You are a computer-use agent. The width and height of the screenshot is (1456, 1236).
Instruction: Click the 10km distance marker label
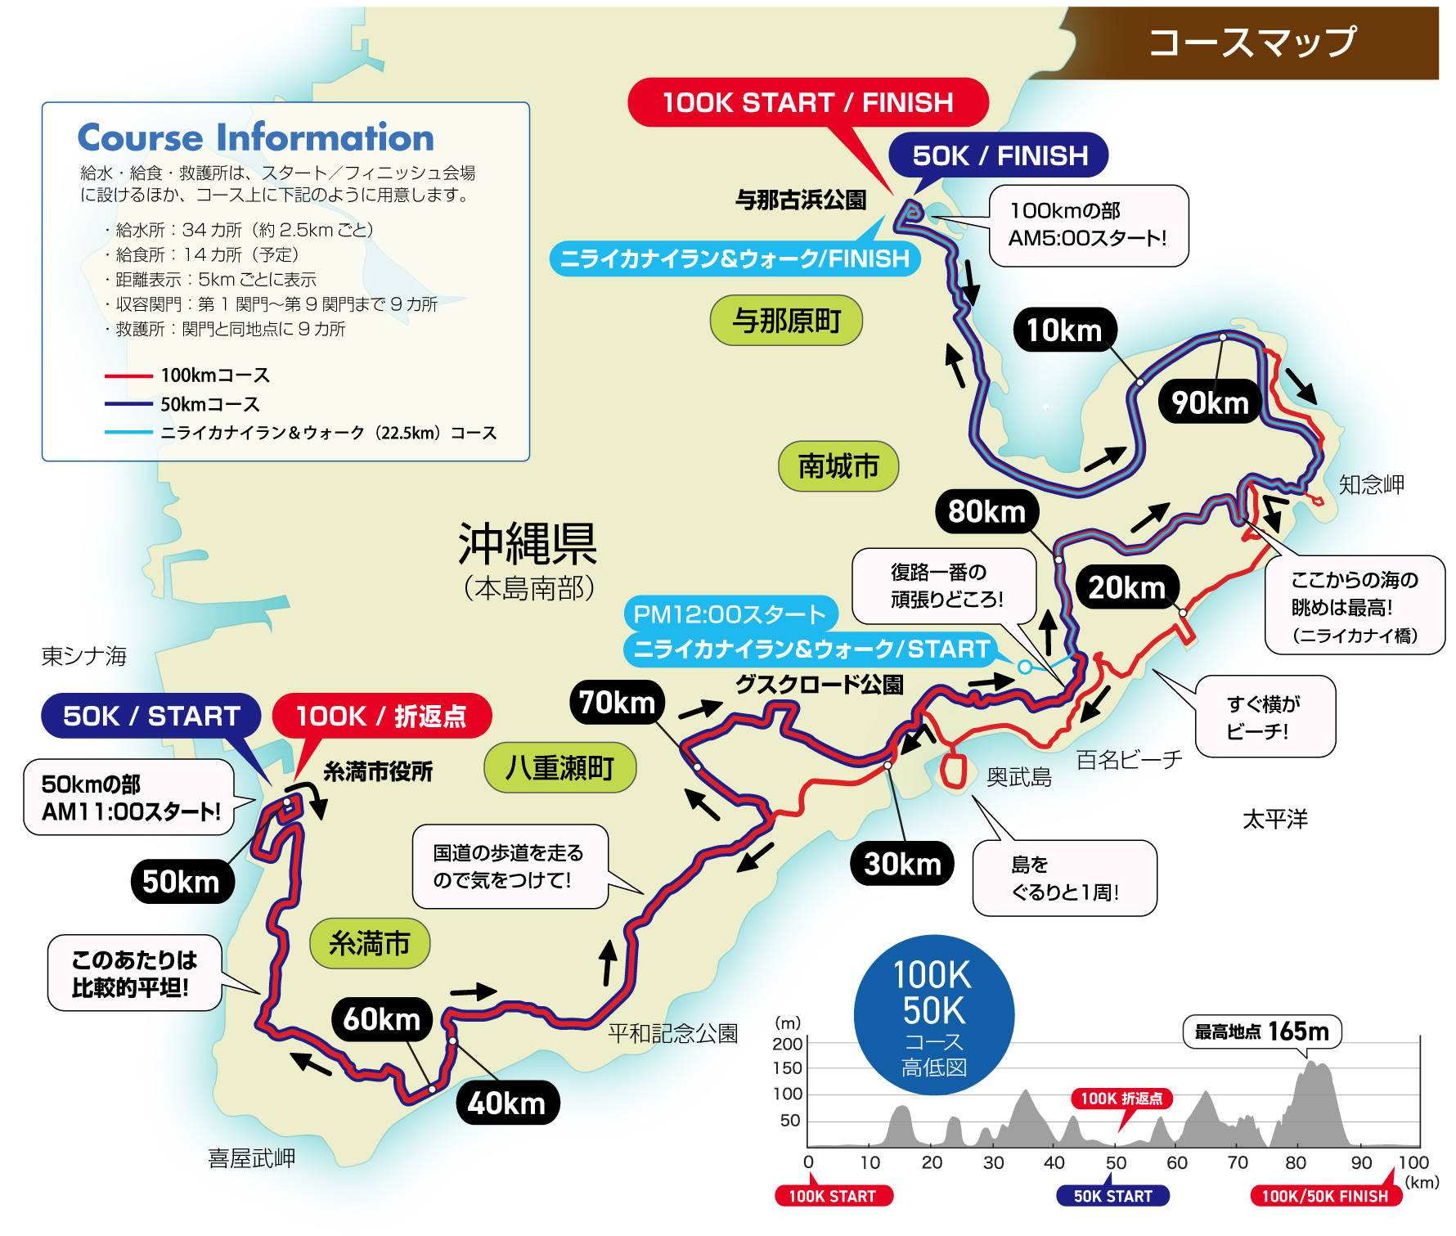click(1064, 330)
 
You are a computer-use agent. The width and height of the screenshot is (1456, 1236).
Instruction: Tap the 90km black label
click(1210, 402)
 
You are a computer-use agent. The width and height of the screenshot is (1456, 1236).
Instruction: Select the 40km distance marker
click(507, 1103)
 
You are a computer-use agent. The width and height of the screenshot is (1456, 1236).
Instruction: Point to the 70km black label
click(617, 703)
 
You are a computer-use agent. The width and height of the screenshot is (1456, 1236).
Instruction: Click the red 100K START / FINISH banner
click(807, 103)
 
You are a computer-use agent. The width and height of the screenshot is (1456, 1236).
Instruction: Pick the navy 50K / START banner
click(151, 716)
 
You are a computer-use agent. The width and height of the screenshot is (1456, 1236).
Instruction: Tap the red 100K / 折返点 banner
click(381, 716)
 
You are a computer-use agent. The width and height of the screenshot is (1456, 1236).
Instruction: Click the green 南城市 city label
click(838, 467)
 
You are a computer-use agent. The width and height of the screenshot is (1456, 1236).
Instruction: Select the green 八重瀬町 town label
click(559, 768)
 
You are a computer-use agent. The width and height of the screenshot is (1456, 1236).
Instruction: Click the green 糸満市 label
click(369, 944)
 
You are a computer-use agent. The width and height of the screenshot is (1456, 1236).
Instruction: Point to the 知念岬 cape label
click(1371, 484)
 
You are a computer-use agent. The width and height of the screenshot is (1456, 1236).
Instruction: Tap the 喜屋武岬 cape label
click(251, 1158)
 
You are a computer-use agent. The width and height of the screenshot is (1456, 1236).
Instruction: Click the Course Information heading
click(255, 137)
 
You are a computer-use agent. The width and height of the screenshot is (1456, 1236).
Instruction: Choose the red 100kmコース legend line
click(128, 376)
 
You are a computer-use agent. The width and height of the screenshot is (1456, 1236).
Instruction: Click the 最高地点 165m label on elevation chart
click(1261, 1031)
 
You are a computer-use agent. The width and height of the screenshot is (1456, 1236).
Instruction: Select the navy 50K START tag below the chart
click(1112, 1196)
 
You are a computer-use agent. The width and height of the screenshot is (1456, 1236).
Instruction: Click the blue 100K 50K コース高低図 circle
click(933, 1015)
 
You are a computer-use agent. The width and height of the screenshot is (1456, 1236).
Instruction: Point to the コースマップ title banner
click(1252, 43)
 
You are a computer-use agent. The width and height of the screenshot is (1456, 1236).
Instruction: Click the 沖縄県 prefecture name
click(528, 544)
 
